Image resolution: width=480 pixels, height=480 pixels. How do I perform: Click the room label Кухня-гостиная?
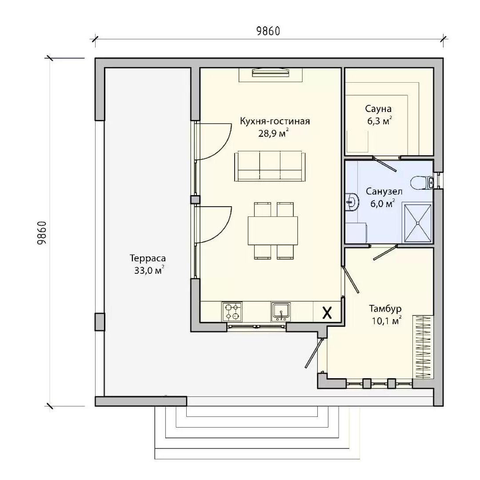[275, 121]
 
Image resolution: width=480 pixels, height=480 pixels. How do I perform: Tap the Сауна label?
[378, 109]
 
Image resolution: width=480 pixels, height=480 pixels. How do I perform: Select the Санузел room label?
[384, 192]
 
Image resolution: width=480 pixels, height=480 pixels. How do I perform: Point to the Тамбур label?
[385, 308]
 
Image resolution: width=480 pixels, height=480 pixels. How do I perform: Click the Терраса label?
[148, 258]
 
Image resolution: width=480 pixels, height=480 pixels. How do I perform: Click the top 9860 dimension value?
[268, 31]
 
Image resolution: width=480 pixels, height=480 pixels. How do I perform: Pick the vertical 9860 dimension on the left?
[42, 232]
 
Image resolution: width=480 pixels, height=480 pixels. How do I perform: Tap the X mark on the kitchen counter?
[327, 313]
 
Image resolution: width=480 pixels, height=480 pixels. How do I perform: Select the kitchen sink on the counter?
[281, 312]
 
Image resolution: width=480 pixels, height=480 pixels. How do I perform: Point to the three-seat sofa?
[270, 166]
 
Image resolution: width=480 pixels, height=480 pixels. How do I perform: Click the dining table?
[273, 231]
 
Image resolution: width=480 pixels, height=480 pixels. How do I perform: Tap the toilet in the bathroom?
[422, 183]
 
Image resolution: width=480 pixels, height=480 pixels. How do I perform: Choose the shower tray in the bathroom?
[417, 223]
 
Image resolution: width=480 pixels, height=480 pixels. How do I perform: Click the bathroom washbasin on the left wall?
[352, 202]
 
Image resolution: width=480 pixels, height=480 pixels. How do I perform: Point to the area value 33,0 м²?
[149, 270]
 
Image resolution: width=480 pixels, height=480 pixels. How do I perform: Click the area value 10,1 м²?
[387, 320]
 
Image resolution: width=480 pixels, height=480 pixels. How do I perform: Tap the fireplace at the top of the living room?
[271, 73]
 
